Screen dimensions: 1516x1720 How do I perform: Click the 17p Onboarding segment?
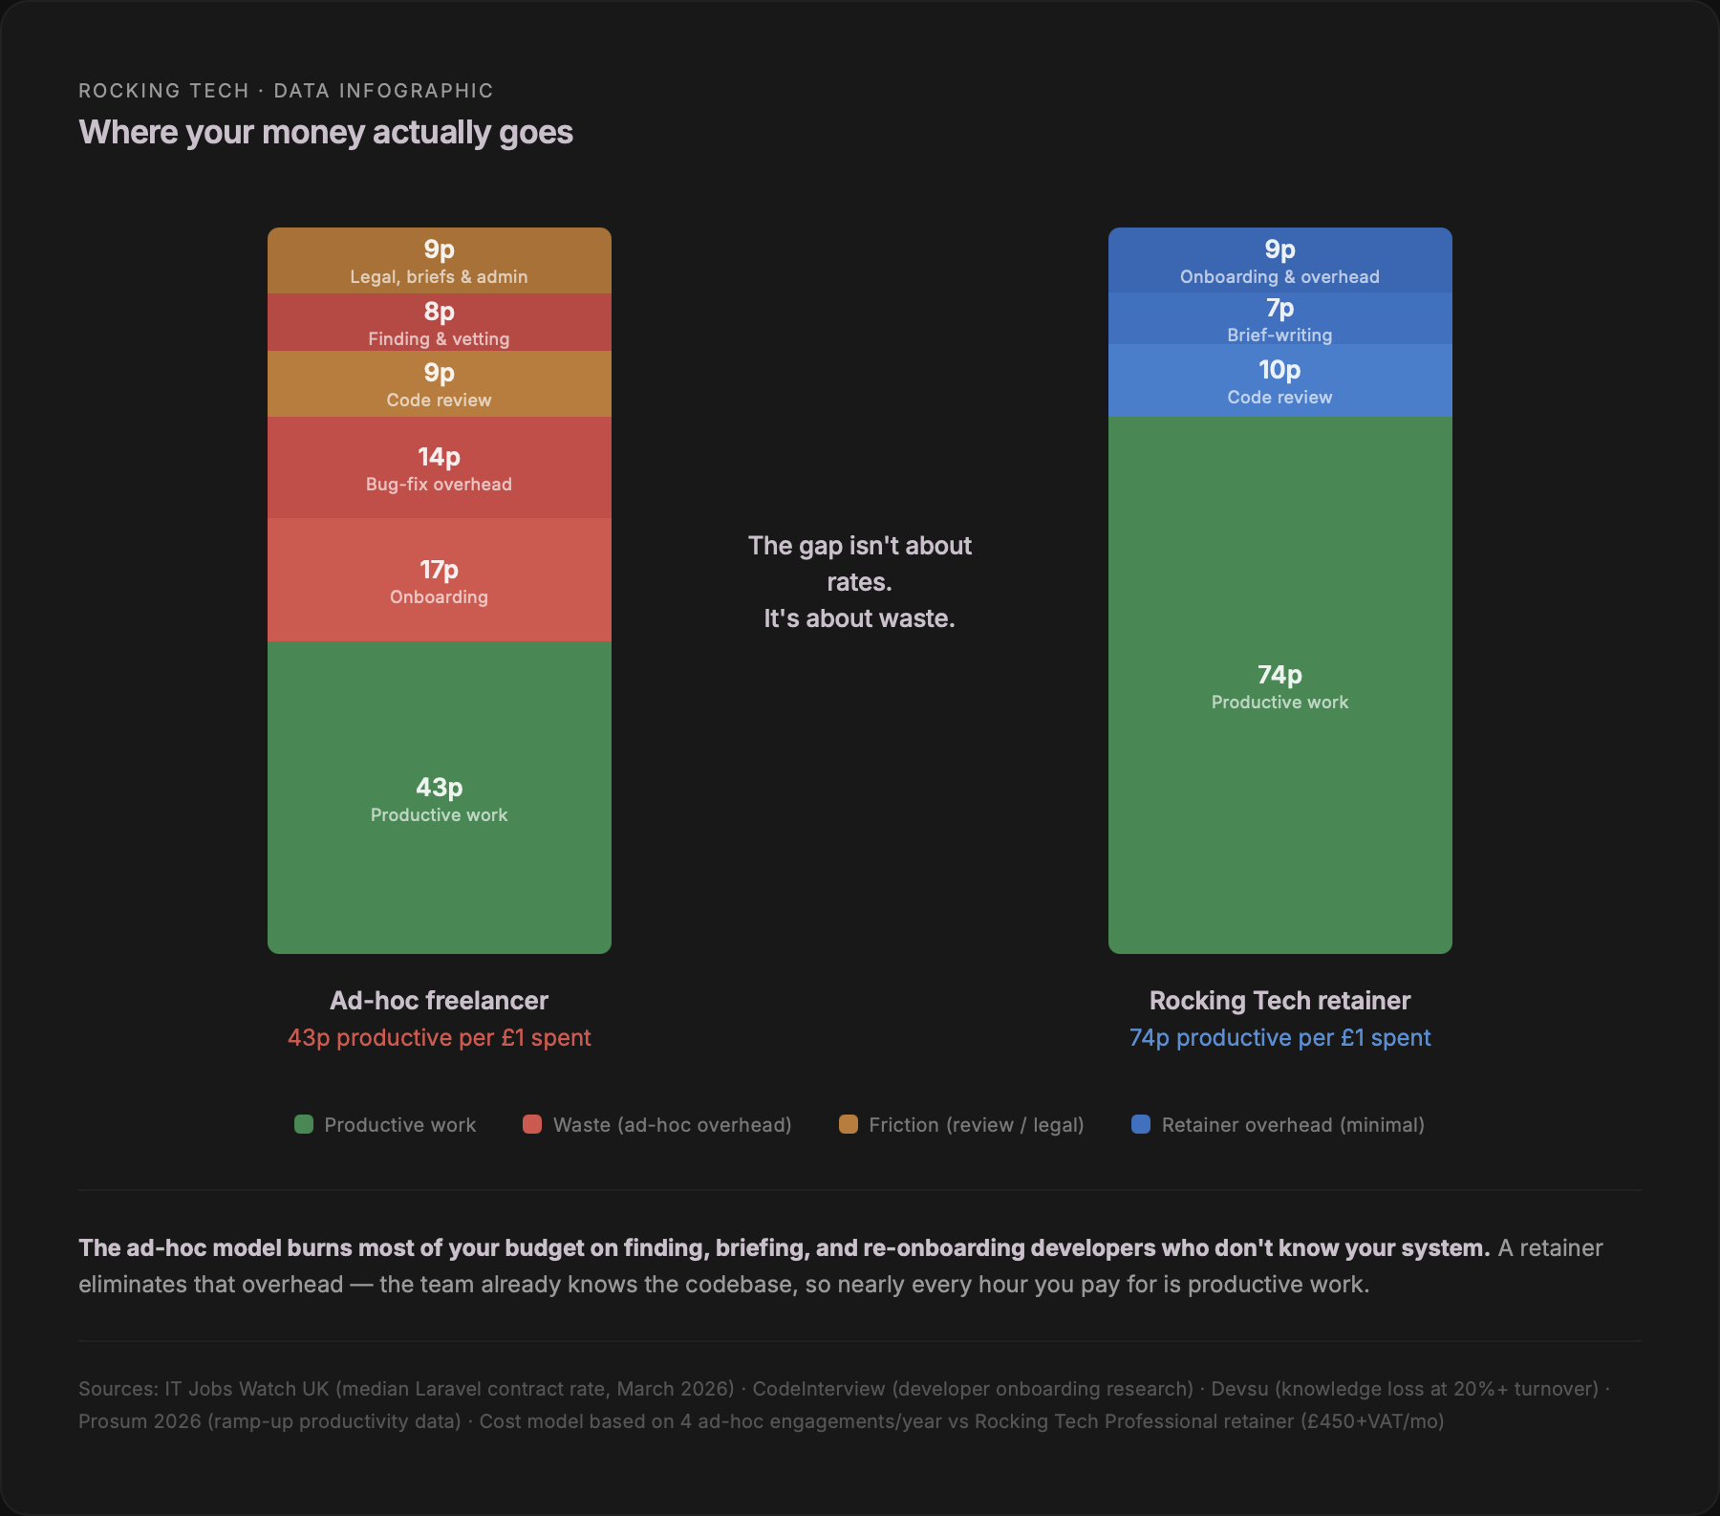[x=439, y=580]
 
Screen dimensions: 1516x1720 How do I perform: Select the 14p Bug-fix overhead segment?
[x=439, y=468]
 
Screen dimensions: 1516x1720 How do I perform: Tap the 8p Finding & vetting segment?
[x=439, y=323]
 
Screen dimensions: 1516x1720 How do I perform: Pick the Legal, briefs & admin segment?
[x=439, y=261]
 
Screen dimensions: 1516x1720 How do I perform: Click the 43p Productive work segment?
[x=439, y=798]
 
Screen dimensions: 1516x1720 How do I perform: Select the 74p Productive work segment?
[x=1279, y=685]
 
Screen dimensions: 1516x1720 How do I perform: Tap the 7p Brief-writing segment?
[x=1279, y=319]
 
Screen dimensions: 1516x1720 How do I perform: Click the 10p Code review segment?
[x=1279, y=381]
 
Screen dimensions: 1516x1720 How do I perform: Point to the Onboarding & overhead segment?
[x=1279, y=261]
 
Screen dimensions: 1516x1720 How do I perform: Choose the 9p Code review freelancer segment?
[x=439, y=384]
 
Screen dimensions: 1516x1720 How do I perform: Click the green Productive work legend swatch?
[x=304, y=1124]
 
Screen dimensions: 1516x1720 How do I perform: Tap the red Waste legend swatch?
[x=532, y=1124]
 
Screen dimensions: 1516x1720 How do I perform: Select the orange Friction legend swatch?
[x=849, y=1124]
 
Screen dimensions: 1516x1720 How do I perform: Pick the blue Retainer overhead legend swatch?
[x=1141, y=1124]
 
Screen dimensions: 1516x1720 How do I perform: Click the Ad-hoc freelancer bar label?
[x=439, y=1001]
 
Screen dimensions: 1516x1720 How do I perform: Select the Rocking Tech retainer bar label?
[x=1279, y=1001]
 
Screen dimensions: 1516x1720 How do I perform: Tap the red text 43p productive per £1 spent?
[x=439, y=1038]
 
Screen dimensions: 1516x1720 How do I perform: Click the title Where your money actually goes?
[x=326, y=132]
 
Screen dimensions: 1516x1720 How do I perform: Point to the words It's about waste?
[x=859, y=618]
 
